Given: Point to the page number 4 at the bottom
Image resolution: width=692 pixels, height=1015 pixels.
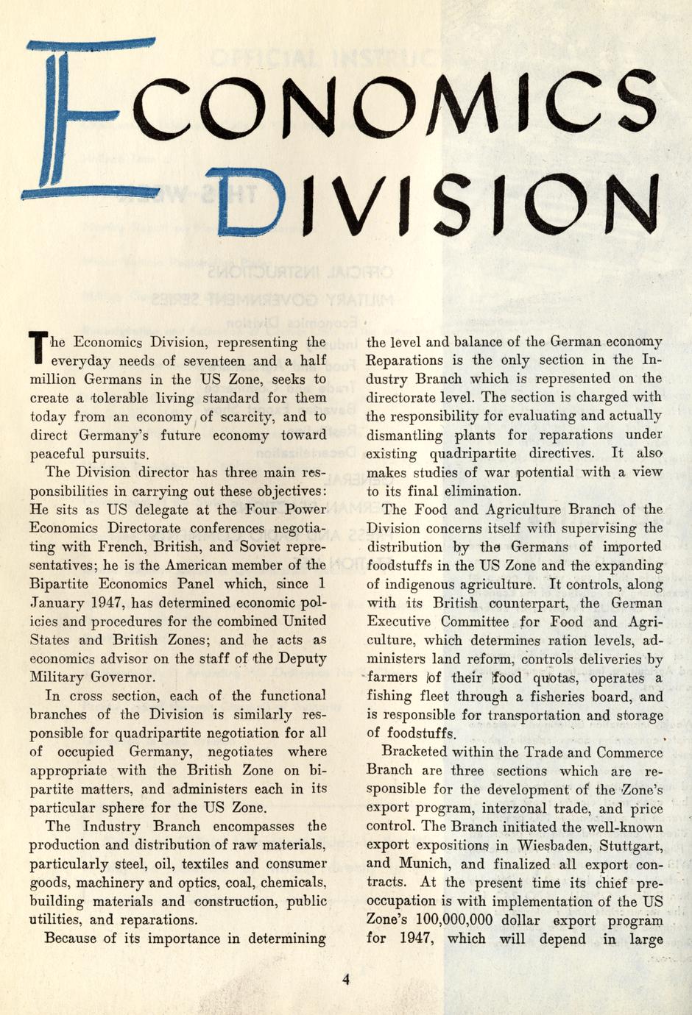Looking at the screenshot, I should pyautogui.click(x=346, y=979).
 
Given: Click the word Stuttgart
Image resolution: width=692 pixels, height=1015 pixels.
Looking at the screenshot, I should pyautogui.click(x=631, y=845).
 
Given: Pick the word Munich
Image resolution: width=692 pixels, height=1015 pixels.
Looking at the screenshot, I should pyautogui.click(x=431, y=864).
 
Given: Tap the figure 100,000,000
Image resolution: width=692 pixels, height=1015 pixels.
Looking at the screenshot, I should pyautogui.click(x=454, y=920).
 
